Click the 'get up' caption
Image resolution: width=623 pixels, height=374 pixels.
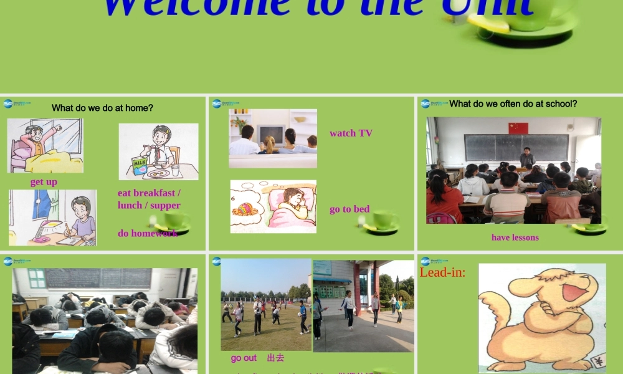coord(44,182)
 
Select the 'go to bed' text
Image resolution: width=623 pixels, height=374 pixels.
coord(350,209)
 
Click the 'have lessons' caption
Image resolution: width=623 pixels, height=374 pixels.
coord(515,237)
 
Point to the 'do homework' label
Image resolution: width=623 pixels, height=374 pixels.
coord(147,233)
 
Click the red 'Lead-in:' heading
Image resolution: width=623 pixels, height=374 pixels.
coord(442,272)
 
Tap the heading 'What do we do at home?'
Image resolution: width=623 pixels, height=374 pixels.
coord(102,108)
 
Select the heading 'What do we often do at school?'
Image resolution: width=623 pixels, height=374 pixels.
coord(513,103)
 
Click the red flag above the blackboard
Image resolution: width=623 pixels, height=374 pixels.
coord(518,128)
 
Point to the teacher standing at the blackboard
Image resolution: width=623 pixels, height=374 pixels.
coord(527,158)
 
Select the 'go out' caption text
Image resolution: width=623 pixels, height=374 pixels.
coord(244,358)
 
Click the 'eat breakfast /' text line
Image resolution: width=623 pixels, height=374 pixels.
coord(149,193)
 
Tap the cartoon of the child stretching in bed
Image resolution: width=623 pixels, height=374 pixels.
coord(45,146)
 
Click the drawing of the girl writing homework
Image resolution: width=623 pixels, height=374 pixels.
coord(52,218)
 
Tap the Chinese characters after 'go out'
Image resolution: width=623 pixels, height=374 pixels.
coord(275,358)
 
